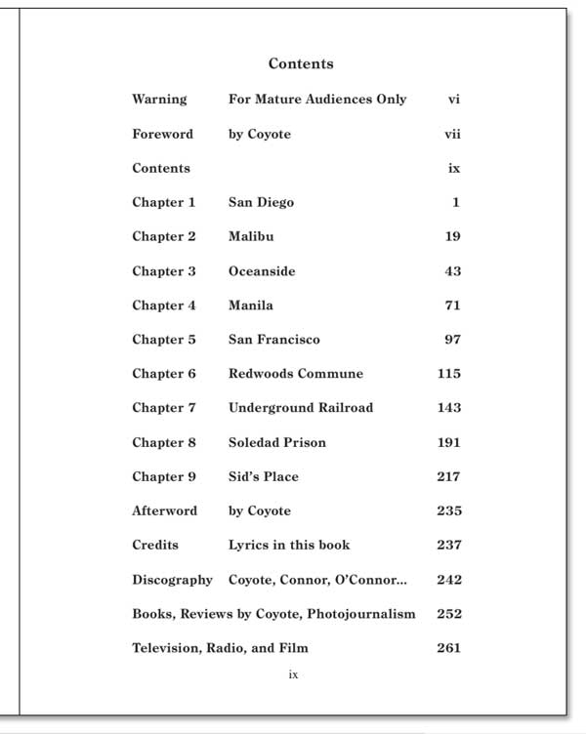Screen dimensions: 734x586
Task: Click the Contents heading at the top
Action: pos(301,64)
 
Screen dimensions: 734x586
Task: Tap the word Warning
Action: pos(159,100)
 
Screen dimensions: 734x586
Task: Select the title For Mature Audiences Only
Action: pos(317,100)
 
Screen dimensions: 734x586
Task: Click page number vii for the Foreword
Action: pos(452,134)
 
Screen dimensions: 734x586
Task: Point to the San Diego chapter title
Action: pos(261,203)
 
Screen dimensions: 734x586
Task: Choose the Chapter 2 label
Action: pos(164,237)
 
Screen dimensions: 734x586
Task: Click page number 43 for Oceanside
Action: pos(452,271)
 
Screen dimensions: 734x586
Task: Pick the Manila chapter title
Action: pos(251,306)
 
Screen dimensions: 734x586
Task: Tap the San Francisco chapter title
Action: pos(273,340)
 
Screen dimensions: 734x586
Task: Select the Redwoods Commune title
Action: pos(295,374)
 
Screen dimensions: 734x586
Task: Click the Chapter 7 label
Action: pos(164,408)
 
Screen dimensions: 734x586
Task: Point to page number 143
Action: pos(449,408)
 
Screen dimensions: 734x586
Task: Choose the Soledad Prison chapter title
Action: pos(277,443)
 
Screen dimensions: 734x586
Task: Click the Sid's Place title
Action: pos(264,477)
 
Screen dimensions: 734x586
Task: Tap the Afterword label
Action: pos(164,511)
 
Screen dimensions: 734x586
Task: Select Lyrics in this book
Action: pos(289,546)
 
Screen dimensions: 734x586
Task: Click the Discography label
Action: pos(172,580)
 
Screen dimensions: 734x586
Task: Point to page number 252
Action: pos(449,614)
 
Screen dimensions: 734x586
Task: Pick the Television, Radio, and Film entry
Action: pos(221,648)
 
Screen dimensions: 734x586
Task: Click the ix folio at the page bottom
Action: pos(293,674)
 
